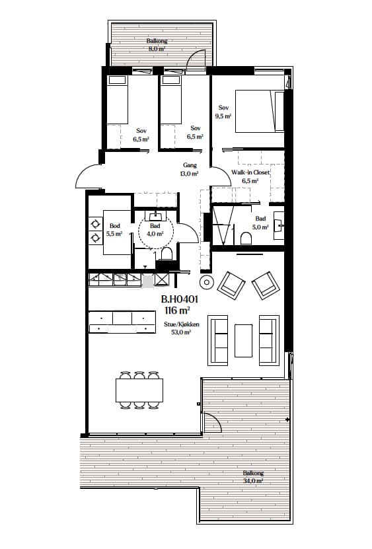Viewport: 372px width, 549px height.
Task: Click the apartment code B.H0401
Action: [180, 299]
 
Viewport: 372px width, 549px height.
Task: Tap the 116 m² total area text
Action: [177, 309]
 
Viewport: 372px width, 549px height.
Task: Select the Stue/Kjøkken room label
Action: [182, 324]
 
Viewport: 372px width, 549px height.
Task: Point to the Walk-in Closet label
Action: [250, 172]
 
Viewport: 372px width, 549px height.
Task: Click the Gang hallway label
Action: [190, 165]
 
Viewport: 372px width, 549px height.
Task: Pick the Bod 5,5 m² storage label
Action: [114, 230]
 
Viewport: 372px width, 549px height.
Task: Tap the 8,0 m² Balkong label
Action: [157, 45]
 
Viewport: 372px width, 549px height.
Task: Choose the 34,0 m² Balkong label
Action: [253, 477]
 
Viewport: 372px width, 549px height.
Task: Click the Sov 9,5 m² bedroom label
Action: [223, 112]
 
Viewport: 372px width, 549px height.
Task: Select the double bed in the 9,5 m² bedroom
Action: [260, 111]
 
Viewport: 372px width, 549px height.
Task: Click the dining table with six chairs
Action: [139, 390]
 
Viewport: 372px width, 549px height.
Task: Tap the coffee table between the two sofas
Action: [243, 340]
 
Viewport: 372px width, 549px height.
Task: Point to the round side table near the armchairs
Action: [206, 281]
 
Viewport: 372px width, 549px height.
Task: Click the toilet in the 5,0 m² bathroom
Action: [247, 238]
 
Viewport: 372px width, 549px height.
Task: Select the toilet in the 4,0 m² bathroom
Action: [166, 254]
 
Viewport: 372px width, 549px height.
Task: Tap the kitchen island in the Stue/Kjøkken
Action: [122, 322]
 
